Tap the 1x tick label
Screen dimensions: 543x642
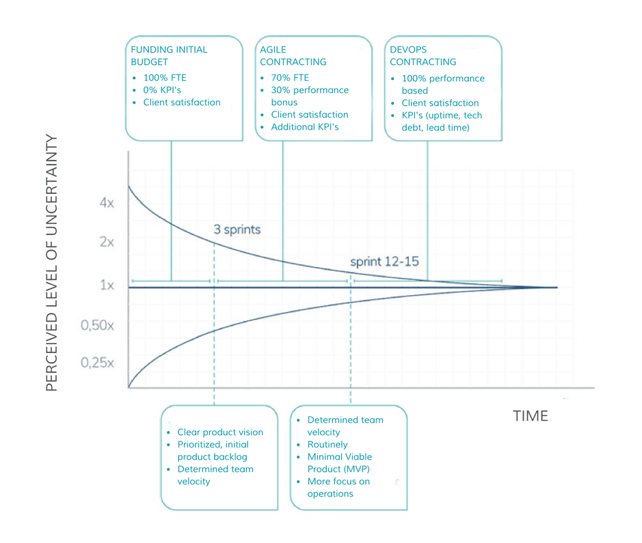click(x=107, y=285)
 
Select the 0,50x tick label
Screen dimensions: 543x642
click(x=98, y=326)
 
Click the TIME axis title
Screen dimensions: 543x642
click(x=531, y=415)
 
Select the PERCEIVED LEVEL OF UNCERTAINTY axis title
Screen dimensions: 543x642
click(x=52, y=263)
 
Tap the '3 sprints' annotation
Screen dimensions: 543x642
click(x=237, y=229)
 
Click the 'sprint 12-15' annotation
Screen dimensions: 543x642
click(x=384, y=262)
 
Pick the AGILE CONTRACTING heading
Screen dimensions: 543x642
click(x=293, y=55)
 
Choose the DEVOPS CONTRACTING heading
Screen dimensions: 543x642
click(x=423, y=55)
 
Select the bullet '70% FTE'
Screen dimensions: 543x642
click(x=290, y=78)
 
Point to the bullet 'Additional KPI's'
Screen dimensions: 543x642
click(x=304, y=127)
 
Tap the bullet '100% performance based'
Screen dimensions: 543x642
click(x=442, y=84)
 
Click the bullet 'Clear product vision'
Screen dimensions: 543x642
click(x=219, y=432)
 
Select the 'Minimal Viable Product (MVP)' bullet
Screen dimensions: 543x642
click(x=340, y=463)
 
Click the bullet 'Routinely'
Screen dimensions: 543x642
click(x=327, y=445)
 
